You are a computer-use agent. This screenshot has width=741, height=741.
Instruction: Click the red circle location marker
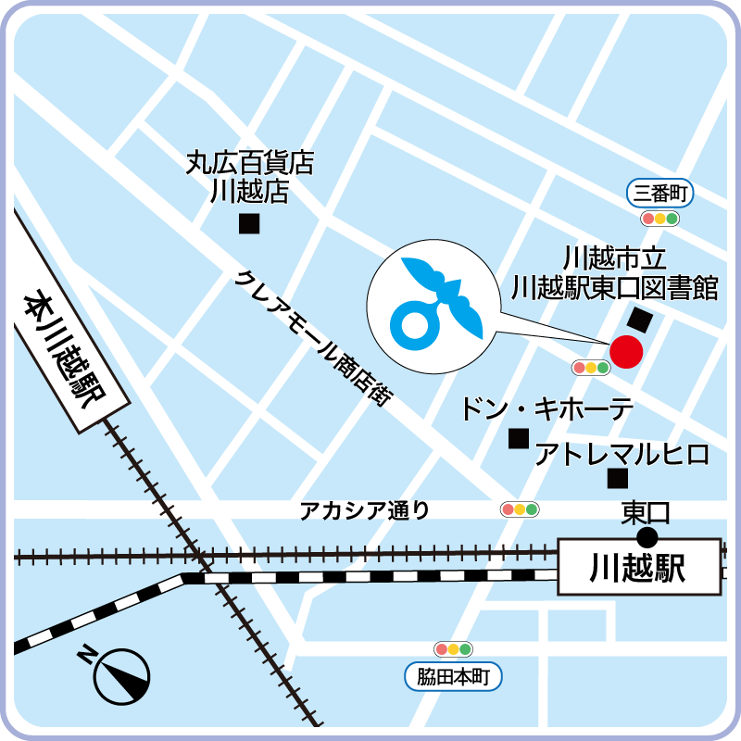point(626,352)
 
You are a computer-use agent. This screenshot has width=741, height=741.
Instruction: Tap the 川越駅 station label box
point(638,567)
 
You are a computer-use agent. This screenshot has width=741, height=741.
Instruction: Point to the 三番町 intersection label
point(660,194)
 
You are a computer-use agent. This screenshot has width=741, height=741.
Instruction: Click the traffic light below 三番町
point(660,219)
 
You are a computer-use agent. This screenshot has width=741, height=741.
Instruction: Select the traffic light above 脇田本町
point(454,649)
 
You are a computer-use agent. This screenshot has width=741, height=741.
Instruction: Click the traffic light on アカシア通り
point(520,509)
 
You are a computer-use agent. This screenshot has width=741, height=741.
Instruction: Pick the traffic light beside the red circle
point(592,368)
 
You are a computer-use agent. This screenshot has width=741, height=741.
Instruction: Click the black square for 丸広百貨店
point(249,223)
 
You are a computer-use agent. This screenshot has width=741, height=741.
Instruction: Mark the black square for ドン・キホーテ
point(519,438)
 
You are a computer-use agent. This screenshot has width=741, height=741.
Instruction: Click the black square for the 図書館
point(639,320)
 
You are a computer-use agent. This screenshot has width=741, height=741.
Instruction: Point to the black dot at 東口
point(647,537)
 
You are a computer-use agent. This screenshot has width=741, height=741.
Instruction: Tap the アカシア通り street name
point(364,509)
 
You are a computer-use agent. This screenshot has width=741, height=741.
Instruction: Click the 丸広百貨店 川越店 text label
point(249,179)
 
